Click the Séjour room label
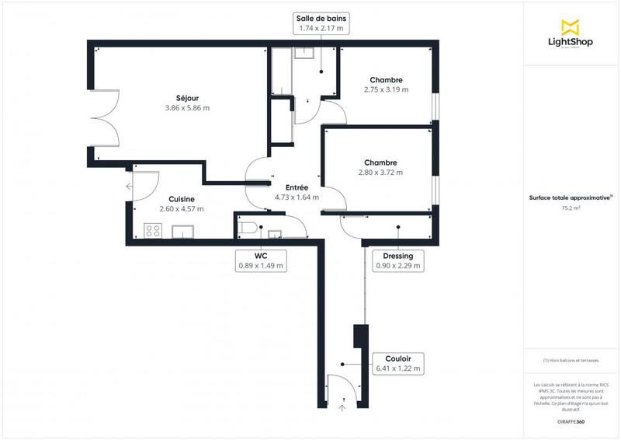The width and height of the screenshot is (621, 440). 187,98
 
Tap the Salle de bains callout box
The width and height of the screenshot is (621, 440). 320,23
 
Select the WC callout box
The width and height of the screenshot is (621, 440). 261,260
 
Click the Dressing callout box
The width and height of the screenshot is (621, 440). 398,260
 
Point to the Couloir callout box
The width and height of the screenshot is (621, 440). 397,363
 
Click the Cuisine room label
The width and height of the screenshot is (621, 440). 175,199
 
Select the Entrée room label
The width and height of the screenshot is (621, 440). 297,187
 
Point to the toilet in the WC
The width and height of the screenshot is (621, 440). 248,228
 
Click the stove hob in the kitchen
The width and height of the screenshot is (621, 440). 153,230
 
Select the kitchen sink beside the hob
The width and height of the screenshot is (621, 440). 182,231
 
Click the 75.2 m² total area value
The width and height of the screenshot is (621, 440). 571,208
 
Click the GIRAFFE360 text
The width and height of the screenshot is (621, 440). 571,420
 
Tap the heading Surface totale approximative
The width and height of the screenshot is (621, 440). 570,197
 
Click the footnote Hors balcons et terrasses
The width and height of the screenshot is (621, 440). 571,360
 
